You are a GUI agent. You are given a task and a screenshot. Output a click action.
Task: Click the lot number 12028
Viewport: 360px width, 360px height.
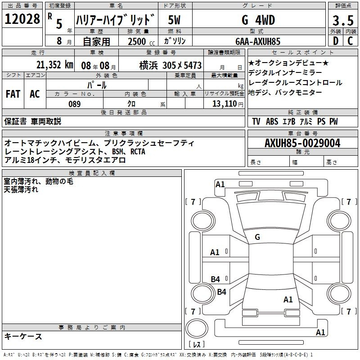(22, 19)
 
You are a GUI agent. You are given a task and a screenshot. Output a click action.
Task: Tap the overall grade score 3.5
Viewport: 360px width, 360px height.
(343, 20)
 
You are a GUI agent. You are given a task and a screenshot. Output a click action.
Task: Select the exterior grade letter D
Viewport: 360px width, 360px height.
(336, 41)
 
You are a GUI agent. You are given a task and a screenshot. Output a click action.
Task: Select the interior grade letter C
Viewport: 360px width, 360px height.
(350, 41)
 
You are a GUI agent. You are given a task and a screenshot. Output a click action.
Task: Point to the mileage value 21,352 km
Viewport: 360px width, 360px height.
(55, 65)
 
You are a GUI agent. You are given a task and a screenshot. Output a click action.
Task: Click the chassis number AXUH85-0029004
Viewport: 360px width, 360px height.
(302, 143)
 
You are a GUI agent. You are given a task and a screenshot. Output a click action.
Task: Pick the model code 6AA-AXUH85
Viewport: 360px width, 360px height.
(258, 41)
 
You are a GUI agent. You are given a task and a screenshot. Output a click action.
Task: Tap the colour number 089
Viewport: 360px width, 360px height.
(75, 104)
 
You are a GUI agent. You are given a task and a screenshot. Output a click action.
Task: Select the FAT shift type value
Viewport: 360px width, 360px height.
(13, 94)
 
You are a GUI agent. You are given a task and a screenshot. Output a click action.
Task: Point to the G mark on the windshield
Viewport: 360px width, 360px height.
(257, 237)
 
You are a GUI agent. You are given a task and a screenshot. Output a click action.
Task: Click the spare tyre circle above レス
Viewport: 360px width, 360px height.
(197, 328)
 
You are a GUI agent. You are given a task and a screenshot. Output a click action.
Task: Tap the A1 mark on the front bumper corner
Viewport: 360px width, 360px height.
(220, 184)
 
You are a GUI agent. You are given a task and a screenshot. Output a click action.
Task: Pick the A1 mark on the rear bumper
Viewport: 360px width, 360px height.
(320, 332)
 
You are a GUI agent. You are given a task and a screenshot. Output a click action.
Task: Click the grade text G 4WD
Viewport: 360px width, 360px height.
(258, 20)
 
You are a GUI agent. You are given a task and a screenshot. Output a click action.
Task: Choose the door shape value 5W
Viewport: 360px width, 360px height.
(174, 20)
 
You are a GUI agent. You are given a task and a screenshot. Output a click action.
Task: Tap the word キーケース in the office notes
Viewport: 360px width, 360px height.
(23, 336)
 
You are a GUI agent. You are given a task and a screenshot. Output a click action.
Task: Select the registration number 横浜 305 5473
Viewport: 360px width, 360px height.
(171, 65)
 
